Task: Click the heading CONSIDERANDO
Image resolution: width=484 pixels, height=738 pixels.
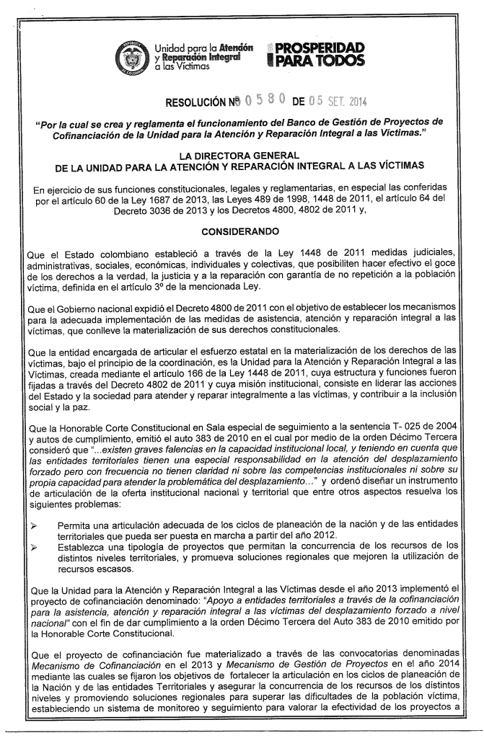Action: (242, 232)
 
